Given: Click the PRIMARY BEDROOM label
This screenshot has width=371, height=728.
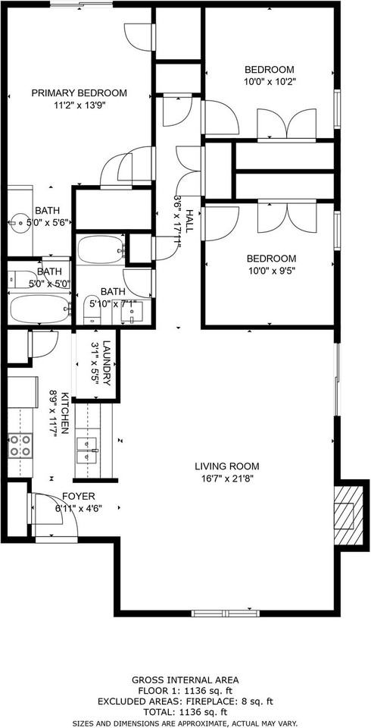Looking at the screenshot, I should tap(79, 93).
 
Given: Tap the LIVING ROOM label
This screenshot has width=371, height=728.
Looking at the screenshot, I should tap(227, 466).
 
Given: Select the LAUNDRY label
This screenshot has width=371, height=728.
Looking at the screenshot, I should tap(107, 363).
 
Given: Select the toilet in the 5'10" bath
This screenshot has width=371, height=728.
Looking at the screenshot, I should tap(91, 306).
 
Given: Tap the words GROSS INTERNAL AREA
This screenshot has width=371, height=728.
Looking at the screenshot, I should tap(185, 679).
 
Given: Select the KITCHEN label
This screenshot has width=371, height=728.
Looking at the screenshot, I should tap(66, 413).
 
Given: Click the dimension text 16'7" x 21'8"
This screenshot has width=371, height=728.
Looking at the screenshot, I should tap(227, 479).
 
